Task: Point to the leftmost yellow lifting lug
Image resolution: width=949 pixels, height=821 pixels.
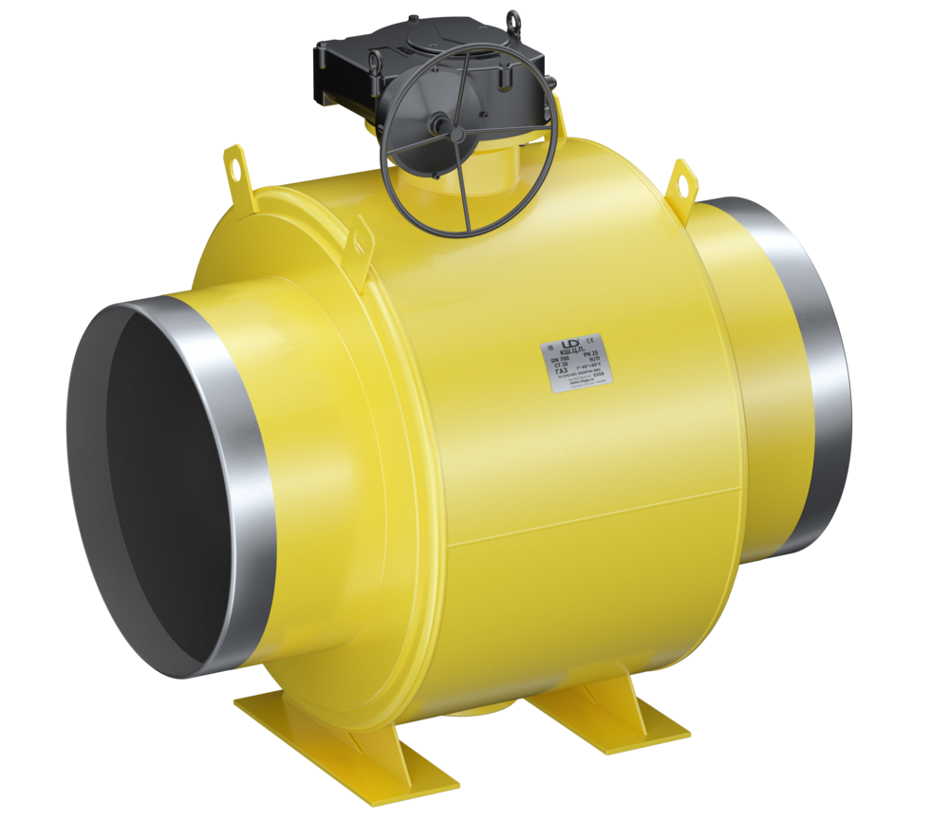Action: pos(234,168)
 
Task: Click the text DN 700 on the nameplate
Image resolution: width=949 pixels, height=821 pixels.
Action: pos(560,358)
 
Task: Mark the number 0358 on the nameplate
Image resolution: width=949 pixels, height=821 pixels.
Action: pos(597,375)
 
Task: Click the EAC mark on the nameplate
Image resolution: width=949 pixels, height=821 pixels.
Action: pos(550,348)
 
